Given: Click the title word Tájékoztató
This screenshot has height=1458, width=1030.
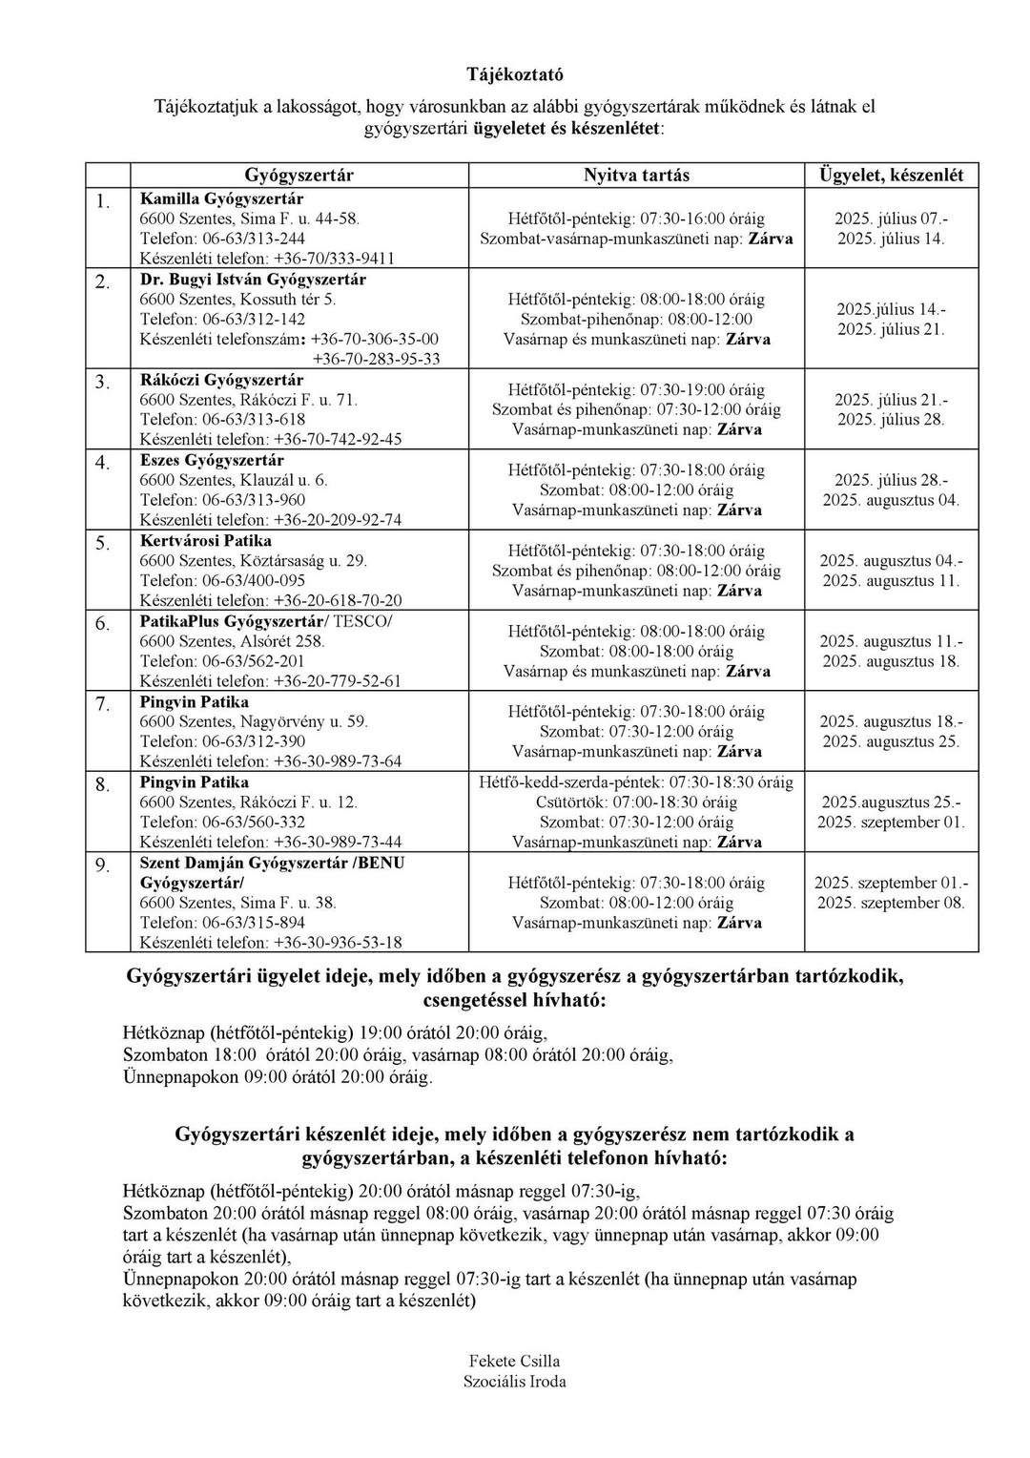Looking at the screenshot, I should [x=515, y=73].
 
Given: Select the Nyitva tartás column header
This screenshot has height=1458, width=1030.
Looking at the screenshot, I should [x=636, y=176].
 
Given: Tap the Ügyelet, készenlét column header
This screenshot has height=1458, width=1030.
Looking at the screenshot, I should [x=891, y=176].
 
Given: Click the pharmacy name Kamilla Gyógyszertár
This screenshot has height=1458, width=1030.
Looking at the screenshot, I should [x=221, y=198].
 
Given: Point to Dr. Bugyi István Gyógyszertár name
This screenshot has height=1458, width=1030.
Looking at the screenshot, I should [x=253, y=279].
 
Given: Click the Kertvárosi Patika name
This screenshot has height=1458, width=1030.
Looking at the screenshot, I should [x=205, y=540].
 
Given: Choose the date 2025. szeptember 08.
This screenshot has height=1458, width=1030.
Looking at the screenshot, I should [x=891, y=903].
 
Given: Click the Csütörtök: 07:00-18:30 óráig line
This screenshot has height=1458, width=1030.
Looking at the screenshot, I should [x=637, y=802].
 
